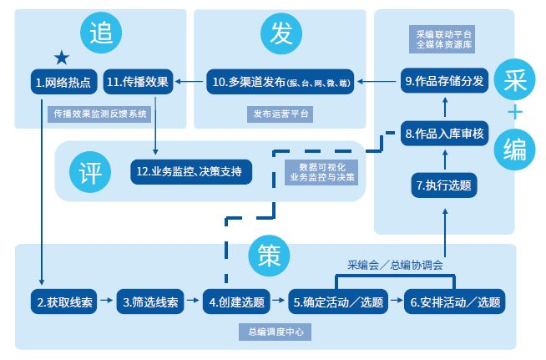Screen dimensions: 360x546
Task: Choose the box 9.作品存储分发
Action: [443, 82]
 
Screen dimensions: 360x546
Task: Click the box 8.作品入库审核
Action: [443, 133]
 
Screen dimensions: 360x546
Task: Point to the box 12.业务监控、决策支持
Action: [190, 172]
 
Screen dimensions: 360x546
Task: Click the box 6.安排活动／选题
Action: [456, 302]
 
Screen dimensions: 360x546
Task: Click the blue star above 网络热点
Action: [61, 57]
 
